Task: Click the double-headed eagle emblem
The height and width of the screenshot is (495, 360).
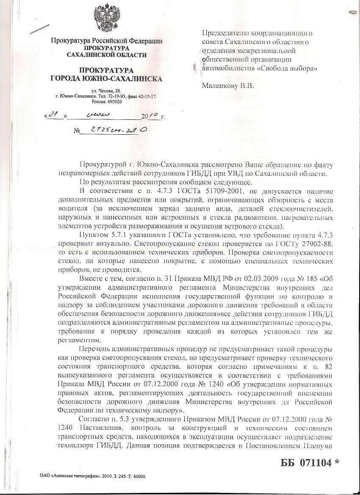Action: (107, 19)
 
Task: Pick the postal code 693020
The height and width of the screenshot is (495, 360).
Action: (113, 102)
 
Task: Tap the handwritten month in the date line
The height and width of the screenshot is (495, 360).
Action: (97, 114)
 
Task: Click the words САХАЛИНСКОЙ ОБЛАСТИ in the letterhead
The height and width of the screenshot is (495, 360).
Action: (107, 55)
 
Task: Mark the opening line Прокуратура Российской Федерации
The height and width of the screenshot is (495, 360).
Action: (107, 41)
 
